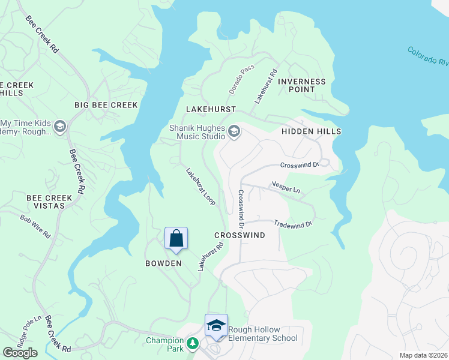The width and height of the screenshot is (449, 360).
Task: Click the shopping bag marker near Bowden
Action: pyautogui.click(x=176, y=239)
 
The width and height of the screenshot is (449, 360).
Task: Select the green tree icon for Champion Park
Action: pyautogui.click(x=192, y=344)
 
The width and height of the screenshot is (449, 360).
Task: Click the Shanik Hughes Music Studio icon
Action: pyautogui.click(x=234, y=131)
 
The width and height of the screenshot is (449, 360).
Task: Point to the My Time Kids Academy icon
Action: pyautogui.click(x=59, y=127)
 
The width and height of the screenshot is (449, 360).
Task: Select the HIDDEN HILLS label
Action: pyautogui.click(x=311, y=131)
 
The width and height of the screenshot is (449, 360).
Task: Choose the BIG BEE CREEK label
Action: pyautogui.click(x=106, y=105)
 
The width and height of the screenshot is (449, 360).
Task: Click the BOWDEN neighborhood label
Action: pyautogui.click(x=163, y=263)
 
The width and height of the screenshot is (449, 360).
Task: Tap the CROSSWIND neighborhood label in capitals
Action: pyautogui.click(x=239, y=236)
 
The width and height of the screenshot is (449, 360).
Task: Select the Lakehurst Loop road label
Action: pyautogui.click(x=200, y=187)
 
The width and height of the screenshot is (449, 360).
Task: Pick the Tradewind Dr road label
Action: pyautogui.click(x=294, y=224)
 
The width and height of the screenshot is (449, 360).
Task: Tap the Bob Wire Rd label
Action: pyautogui.click(x=35, y=227)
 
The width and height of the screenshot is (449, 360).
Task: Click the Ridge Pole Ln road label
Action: pyautogui.click(x=28, y=331)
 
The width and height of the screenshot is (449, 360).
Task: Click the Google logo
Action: pyautogui.click(x=19, y=353)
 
